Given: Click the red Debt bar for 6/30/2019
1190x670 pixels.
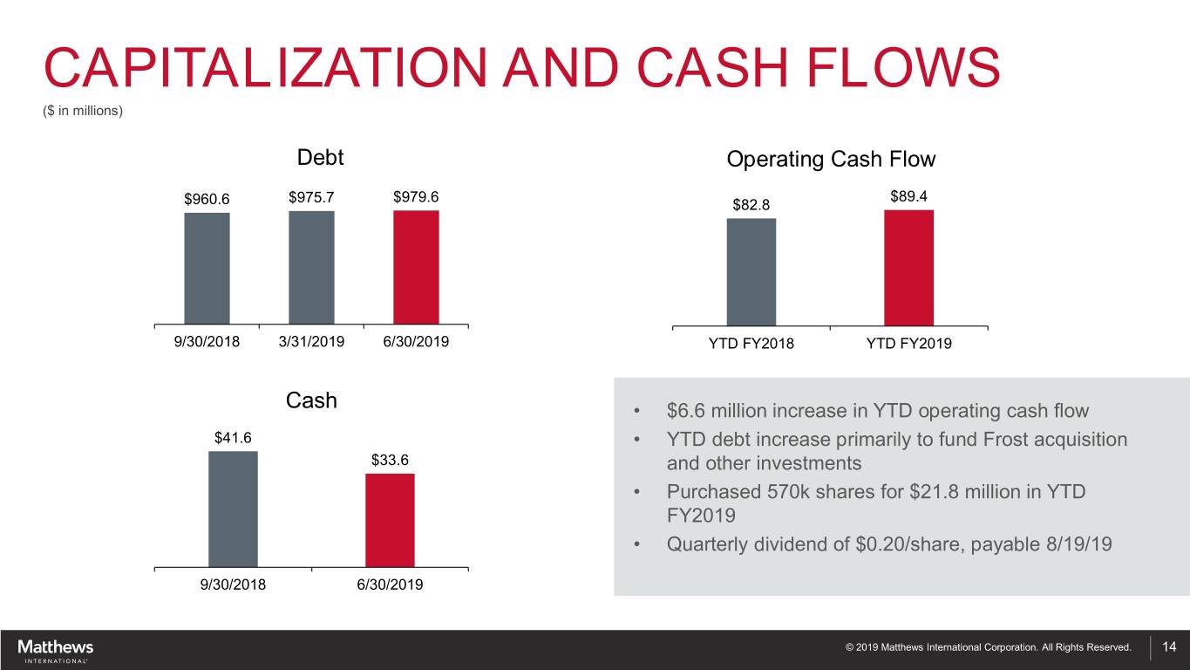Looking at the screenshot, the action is (416, 267).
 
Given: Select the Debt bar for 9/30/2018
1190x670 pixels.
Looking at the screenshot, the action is (207, 268).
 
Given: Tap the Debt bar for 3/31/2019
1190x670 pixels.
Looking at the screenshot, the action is (311, 268).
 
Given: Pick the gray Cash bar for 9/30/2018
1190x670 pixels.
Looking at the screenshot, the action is (233, 509).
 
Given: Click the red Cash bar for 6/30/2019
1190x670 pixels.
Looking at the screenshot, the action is (390, 521).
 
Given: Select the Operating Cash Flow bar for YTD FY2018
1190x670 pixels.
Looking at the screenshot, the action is (751, 271).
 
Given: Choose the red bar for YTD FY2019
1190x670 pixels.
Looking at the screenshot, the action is (909, 268).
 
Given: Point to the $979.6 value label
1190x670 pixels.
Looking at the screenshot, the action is (416, 197).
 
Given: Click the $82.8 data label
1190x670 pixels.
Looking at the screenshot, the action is (751, 205).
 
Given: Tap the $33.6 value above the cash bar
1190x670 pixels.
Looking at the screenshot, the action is (390, 460).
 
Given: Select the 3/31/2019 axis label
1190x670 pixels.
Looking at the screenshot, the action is (311, 341).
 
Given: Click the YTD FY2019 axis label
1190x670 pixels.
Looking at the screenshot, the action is (909, 344).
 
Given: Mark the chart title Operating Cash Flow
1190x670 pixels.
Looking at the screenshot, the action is (831, 159).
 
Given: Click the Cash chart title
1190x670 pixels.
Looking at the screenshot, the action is (311, 400).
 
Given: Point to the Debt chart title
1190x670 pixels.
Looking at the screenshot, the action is (320, 157).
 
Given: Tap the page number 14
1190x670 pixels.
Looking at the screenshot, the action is (1169, 646).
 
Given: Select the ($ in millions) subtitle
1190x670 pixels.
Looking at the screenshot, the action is (83, 111).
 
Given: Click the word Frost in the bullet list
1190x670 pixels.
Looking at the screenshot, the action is (1008, 440).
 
